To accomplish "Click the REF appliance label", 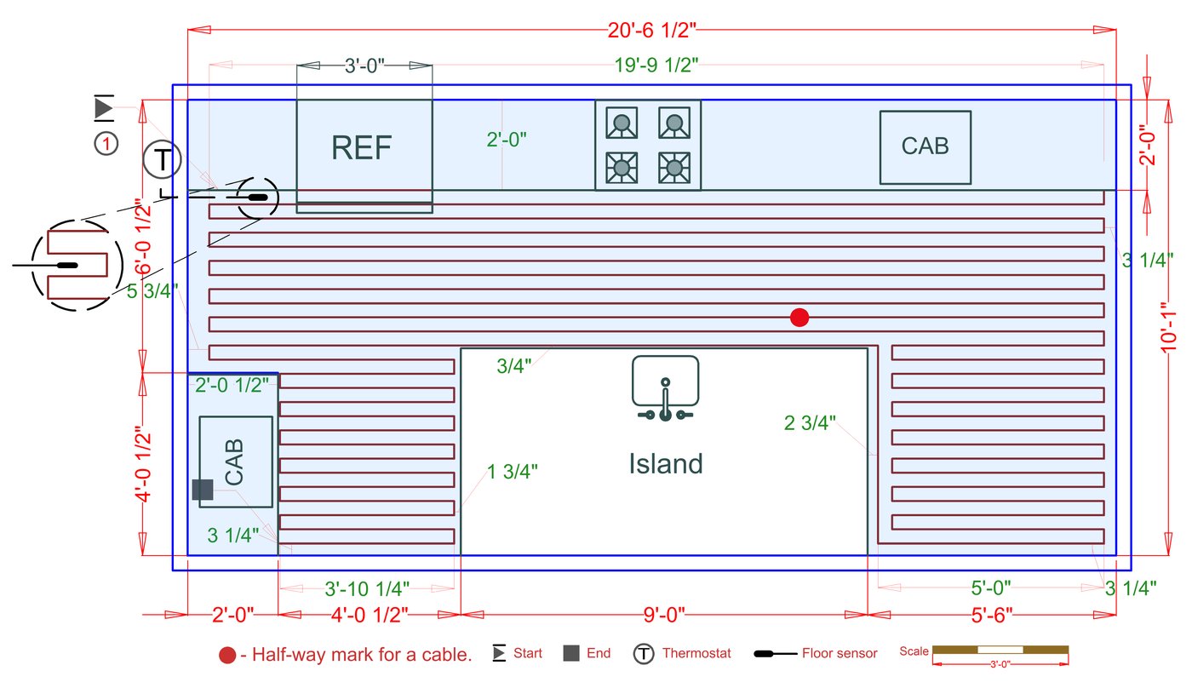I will pyautogui.click(x=362, y=148).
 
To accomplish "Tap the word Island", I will pyautogui.click(x=666, y=464).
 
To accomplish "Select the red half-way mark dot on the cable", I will pyautogui.click(x=799, y=318).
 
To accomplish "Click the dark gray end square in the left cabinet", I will pyautogui.click(x=203, y=490).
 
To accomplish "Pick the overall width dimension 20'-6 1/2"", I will pyautogui.click(x=652, y=30).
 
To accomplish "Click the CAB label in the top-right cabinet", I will pyautogui.click(x=925, y=146).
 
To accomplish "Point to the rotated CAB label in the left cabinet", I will pyautogui.click(x=234, y=462).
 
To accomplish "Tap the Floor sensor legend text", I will pyautogui.click(x=839, y=654).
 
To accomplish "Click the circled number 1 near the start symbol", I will pyautogui.click(x=106, y=145).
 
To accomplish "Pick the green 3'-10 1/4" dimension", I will pyautogui.click(x=368, y=588).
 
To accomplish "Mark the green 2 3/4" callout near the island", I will pyautogui.click(x=810, y=423).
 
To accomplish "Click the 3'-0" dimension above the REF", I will pyautogui.click(x=364, y=66).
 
